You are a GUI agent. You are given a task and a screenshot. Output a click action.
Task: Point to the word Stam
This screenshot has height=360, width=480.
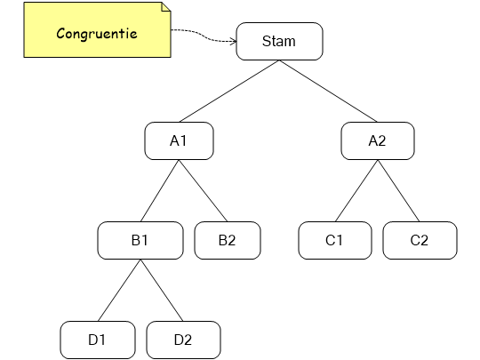tap(279, 42)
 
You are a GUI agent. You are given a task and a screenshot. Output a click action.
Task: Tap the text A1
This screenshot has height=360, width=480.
tap(179, 140)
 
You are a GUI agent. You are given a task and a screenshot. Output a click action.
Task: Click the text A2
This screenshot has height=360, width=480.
tap(378, 140)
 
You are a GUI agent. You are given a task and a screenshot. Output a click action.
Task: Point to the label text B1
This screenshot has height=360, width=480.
tap(140, 240)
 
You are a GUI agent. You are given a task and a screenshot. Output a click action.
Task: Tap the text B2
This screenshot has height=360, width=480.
tap(228, 240)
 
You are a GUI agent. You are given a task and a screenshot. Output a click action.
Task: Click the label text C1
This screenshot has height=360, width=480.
tap(335, 240)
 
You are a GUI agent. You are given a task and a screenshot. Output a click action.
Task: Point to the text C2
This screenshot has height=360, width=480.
tap(420, 240)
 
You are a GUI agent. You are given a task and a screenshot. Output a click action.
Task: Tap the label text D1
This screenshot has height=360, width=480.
tap(97, 340)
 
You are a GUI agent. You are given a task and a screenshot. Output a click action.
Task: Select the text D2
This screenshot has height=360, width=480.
tap(183, 340)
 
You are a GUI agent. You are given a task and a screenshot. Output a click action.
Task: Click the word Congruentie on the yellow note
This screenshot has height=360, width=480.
tap(96, 35)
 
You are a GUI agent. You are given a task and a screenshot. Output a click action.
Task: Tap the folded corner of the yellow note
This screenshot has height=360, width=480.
tap(165, 7)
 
